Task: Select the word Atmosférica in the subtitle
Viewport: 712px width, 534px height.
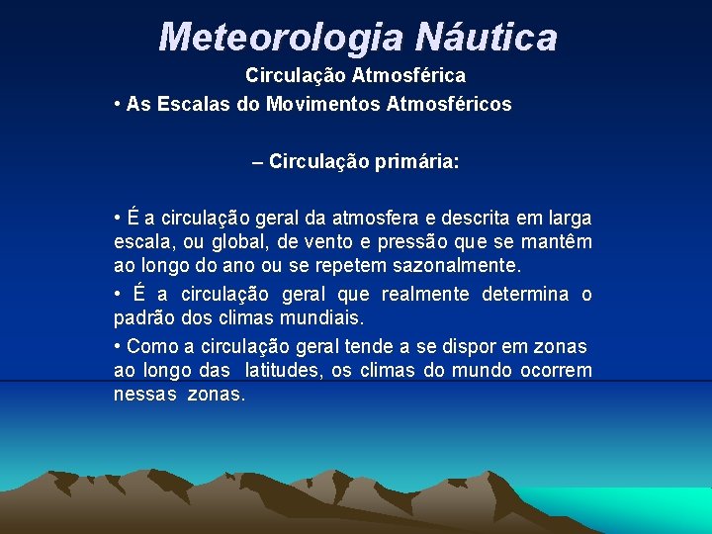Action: pos(415,75)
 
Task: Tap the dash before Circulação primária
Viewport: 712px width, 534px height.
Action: pos(258,162)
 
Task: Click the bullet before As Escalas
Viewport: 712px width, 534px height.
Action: pos(118,104)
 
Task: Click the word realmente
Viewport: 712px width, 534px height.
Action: pos(422,295)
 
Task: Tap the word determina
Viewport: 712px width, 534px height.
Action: pos(525,295)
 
